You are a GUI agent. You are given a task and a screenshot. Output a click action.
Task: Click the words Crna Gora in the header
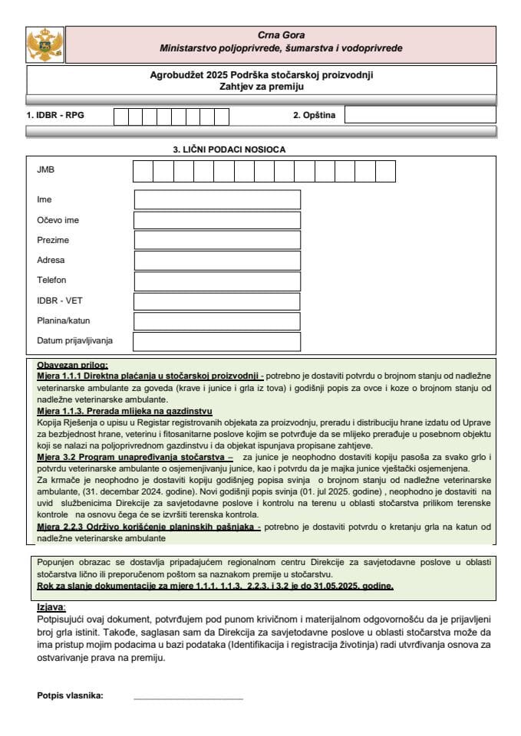281,35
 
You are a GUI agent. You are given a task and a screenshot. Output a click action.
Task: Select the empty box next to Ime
217,199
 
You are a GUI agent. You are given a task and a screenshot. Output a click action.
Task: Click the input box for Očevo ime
217,220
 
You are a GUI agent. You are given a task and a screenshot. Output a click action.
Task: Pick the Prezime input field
217,241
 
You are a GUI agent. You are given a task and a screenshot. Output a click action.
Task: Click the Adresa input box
217,261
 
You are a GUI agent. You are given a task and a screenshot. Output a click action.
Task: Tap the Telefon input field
217,281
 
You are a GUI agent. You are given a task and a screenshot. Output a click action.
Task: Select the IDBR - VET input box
217,301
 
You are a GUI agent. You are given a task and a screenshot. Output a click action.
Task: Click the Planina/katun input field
217,321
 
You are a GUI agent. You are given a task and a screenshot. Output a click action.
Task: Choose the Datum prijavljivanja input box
217,341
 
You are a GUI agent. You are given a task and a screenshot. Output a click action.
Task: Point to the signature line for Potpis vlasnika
188,698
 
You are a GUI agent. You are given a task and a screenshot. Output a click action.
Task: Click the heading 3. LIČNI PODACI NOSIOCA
229,150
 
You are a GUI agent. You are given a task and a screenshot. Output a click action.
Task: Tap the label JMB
45,169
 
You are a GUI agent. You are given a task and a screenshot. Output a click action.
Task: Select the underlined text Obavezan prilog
72,365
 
